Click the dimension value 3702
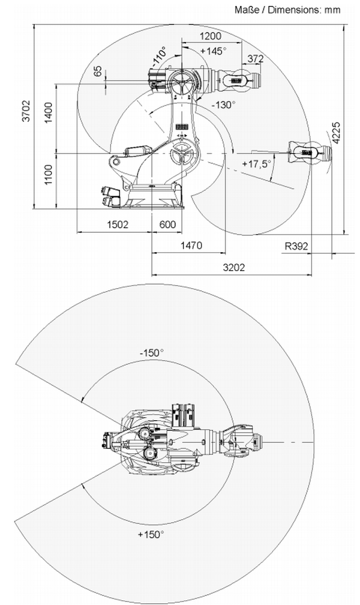(26, 110)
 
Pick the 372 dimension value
(256, 58)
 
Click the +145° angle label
(213, 50)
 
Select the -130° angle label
(223, 104)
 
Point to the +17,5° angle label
(257, 163)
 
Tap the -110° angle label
(158, 57)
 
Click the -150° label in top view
(151, 352)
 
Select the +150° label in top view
(151, 534)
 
